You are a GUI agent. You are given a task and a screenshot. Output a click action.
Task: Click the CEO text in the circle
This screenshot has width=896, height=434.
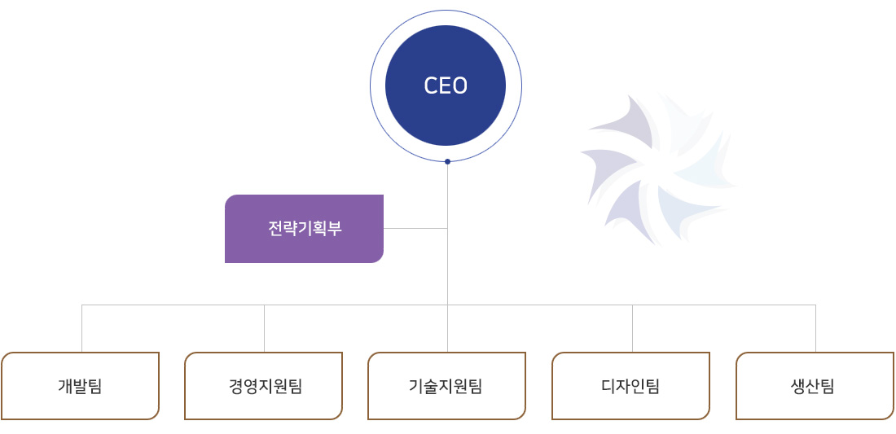[446, 85]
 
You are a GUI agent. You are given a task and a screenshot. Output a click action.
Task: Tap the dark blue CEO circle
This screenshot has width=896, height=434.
[446, 85]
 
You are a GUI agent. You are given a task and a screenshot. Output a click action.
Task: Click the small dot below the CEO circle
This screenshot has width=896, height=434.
[447, 161]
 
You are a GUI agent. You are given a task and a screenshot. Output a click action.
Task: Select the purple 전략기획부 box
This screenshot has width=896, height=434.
[304, 229]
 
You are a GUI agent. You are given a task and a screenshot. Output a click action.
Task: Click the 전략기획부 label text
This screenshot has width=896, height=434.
[305, 229]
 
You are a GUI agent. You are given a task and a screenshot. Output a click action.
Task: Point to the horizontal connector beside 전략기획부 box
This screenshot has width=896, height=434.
[415, 229]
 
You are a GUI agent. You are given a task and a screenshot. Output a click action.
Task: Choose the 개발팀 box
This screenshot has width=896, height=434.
[80, 386]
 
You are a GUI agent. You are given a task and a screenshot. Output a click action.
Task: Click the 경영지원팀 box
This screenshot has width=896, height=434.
[263, 386]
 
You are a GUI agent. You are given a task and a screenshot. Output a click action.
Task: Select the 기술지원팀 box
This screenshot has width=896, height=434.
[447, 386]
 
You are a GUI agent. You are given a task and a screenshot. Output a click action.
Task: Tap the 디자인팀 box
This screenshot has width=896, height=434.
[630, 386]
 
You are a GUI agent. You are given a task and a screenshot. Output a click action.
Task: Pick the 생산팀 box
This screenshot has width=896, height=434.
[815, 386]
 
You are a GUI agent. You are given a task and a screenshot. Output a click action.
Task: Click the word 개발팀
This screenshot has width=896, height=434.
[80, 387]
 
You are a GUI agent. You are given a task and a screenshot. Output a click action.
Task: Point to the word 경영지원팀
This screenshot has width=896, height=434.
[265, 387]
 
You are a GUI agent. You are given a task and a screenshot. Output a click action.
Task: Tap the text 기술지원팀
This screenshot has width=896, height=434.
[446, 387]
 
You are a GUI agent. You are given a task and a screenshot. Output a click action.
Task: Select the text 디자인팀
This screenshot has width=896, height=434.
[630, 387]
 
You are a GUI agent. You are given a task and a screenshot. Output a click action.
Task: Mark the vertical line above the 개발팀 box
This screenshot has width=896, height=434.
[81, 328]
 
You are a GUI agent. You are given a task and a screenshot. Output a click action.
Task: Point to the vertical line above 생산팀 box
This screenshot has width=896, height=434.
[815, 328]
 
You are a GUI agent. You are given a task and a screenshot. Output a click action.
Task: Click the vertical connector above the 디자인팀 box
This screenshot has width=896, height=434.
[632, 328]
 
